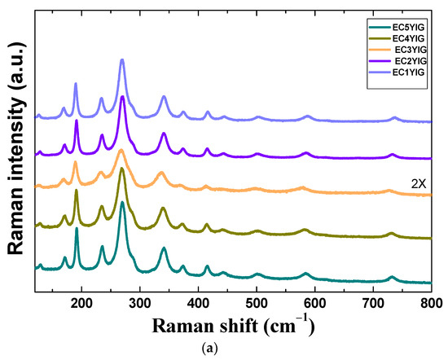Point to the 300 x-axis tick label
139,303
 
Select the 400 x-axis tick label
198,303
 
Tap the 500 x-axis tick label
257,303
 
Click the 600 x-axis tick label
314,303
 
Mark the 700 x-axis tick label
373,303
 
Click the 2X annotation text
419,184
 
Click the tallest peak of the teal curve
122,202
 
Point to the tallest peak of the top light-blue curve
122,60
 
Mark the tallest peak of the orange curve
121,151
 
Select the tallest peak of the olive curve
122,169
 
